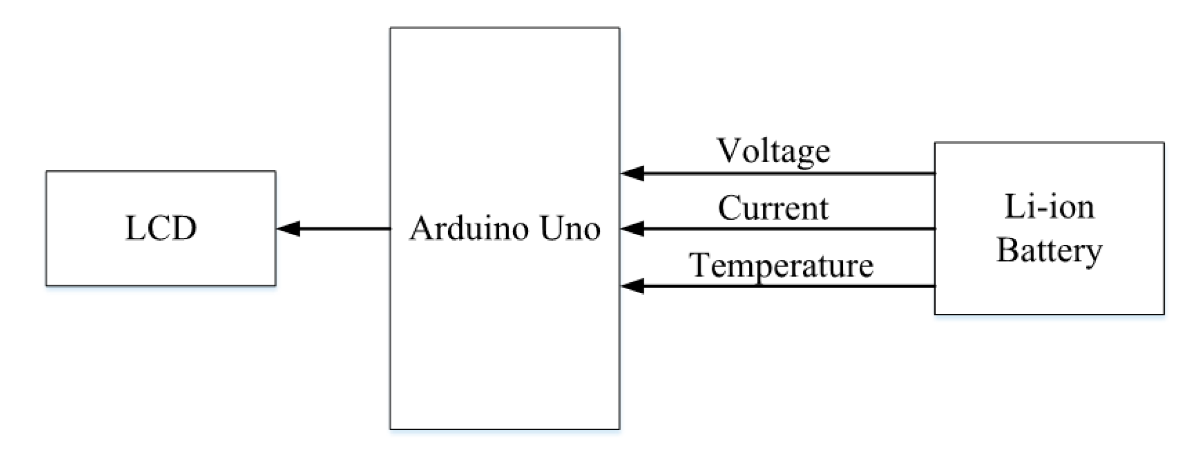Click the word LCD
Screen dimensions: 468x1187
(x=161, y=228)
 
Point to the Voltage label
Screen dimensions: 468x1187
(x=774, y=151)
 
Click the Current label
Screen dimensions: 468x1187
(x=773, y=208)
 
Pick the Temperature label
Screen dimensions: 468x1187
(x=781, y=265)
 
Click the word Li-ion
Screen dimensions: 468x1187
(x=1049, y=207)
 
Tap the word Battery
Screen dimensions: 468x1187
(x=1049, y=250)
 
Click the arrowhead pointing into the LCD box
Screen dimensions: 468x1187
(x=289, y=229)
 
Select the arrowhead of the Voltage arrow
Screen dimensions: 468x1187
(x=632, y=173)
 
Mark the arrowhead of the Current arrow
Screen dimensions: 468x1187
(x=632, y=229)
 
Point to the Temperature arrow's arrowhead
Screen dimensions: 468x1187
(x=632, y=286)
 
